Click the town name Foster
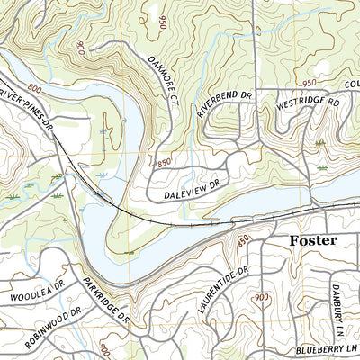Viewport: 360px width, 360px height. coord(312,241)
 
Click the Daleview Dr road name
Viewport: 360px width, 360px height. coord(193,188)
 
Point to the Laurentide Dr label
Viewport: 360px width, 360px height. coord(222,290)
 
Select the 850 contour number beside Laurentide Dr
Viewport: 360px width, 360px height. coord(243,241)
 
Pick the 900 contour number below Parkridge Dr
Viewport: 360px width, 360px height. coord(104,347)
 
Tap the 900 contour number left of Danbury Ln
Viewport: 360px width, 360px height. coord(262,298)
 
